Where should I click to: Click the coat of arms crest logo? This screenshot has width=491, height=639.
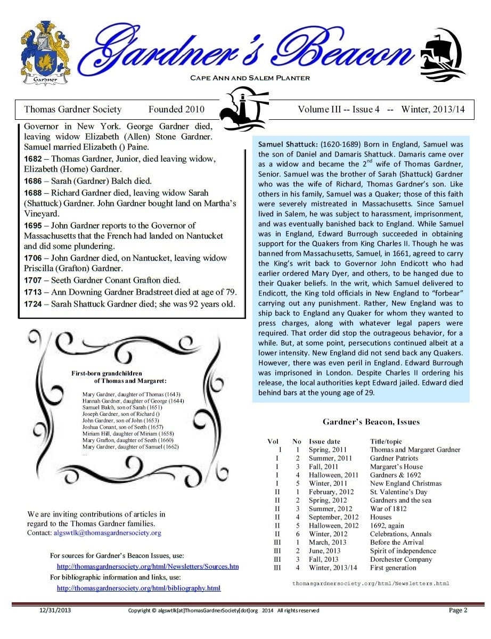(x=45, y=53)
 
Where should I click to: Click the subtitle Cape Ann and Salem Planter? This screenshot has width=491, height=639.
(x=250, y=78)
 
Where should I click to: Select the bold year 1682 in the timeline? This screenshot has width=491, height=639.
(x=34, y=159)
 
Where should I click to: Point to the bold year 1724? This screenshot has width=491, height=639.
(x=34, y=304)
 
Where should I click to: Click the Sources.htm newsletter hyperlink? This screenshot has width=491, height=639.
(x=148, y=567)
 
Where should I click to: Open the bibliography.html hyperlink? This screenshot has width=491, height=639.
(x=138, y=588)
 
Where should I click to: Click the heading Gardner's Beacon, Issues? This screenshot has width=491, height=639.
(x=371, y=422)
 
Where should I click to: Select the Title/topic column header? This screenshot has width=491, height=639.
(x=386, y=441)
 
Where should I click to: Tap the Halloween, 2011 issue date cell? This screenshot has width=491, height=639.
(x=333, y=475)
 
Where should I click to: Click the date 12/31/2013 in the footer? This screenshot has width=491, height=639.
(x=55, y=610)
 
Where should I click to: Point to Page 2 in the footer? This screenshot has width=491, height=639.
(x=457, y=610)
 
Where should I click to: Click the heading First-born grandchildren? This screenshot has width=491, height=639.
(x=107, y=373)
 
